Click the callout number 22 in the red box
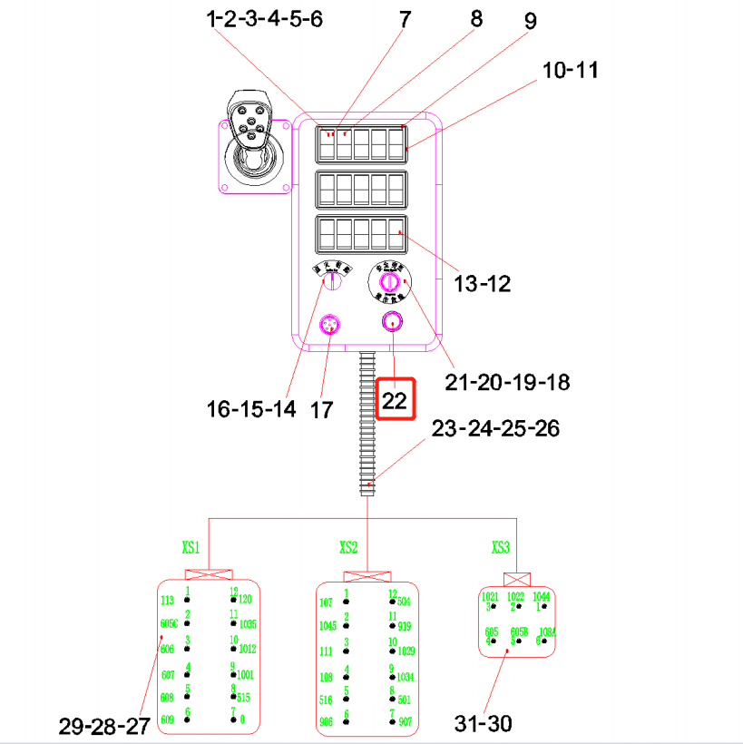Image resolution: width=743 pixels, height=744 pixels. [395, 400]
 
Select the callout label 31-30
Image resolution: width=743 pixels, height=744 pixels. [483, 723]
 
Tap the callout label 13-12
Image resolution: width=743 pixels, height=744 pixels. [483, 284]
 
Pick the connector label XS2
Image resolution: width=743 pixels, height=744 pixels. [348, 548]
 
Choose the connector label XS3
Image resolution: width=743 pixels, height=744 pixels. [502, 548]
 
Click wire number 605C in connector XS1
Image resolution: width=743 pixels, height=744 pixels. [170, 624]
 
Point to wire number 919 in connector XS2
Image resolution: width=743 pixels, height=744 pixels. [405, 626]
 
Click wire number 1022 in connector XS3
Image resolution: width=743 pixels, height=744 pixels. [515, 597]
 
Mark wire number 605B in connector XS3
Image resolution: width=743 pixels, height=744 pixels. [519, 631]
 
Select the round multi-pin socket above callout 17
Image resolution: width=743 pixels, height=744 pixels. [331, 325]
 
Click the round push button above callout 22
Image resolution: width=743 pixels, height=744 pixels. [393, 322]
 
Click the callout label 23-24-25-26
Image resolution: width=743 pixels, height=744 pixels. [495, 428]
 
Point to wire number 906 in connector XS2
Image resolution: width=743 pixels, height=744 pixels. [327, 722]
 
